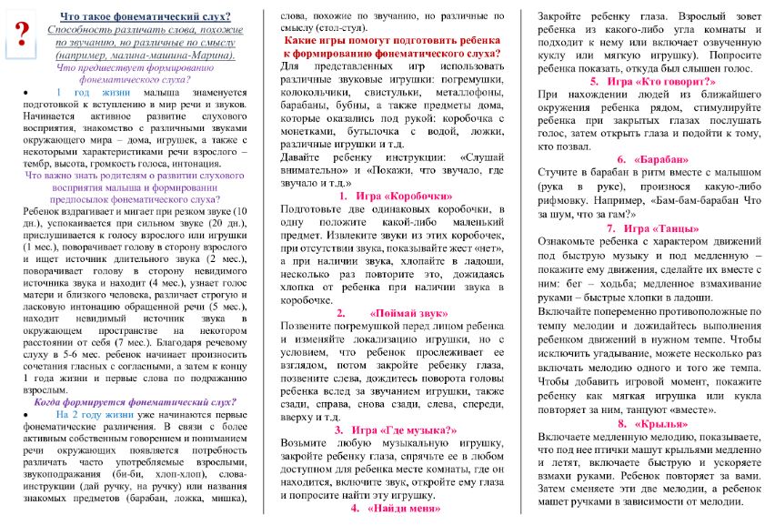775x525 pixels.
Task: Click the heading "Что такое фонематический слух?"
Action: click(144, 17)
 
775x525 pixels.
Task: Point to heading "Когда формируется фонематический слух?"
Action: click(135, 400)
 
